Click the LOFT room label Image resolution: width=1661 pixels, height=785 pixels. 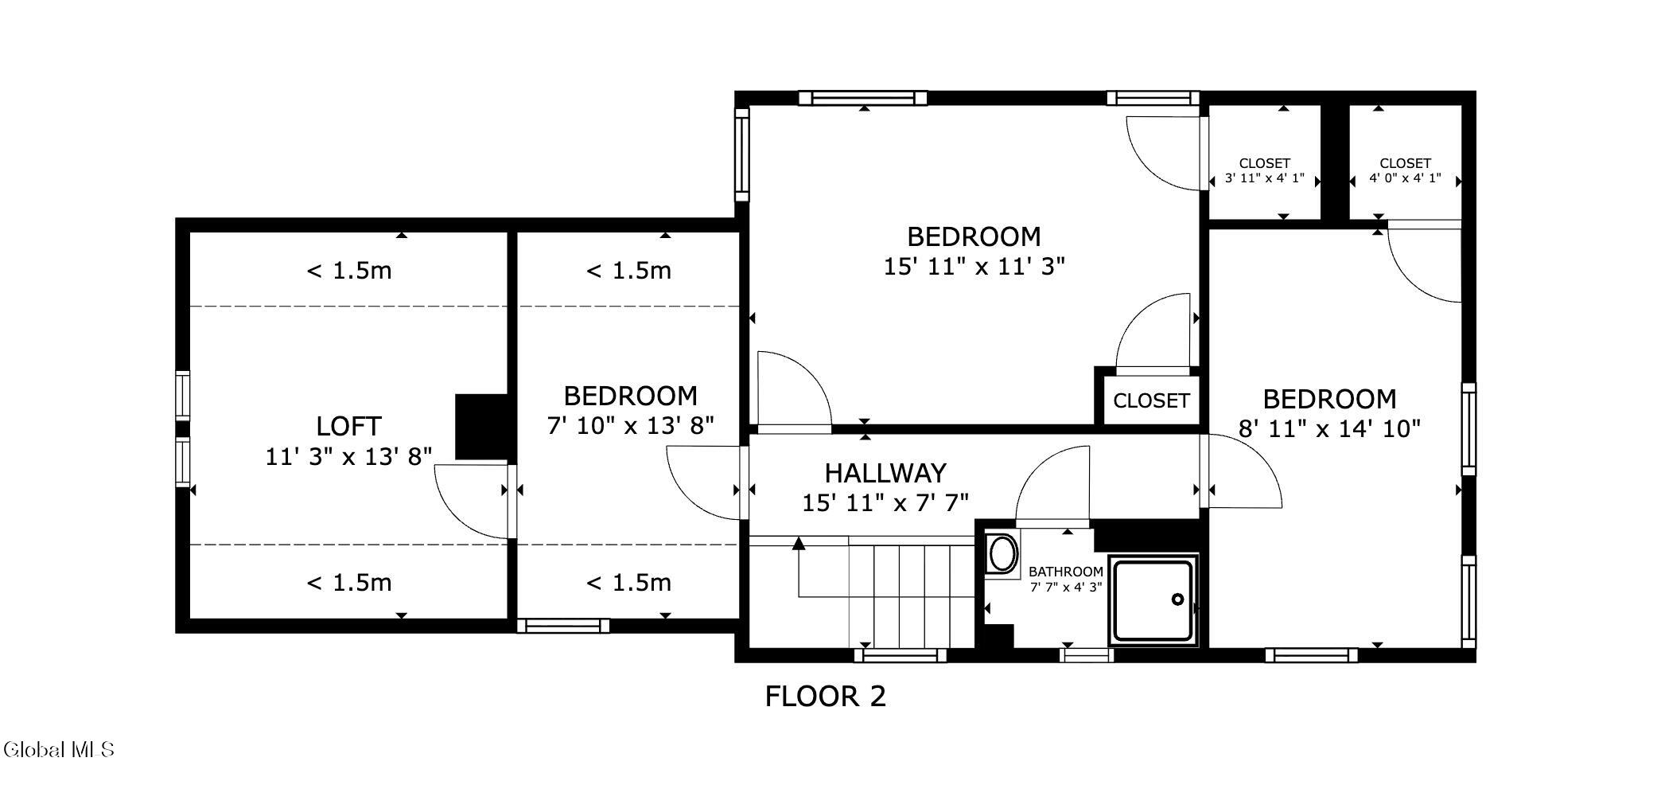point(348,426)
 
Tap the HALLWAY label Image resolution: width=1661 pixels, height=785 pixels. point(885,473)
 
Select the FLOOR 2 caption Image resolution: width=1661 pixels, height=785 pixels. point(825,697)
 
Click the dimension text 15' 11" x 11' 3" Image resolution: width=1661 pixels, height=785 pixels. point(974,266)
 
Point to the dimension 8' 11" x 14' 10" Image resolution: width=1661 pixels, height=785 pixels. point(1329,429)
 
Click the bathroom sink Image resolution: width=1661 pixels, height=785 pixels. point(1002,553)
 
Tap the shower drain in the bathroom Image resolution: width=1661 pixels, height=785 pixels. point(1178,599)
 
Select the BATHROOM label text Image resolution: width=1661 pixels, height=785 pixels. point(1065,572)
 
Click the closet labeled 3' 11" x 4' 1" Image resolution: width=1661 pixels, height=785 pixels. point(1264,163)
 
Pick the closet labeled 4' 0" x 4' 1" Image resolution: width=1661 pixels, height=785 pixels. point(1405,163)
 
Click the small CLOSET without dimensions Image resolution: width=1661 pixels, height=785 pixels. point(1150,400)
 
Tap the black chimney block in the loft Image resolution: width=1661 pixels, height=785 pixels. point(481,427)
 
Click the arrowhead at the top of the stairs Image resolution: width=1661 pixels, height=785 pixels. point(799,543)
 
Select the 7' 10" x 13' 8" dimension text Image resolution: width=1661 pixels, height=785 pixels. point(630,425)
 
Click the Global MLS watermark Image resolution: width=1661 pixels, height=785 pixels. point(59,749)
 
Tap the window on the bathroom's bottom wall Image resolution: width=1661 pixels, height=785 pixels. point(1087,655)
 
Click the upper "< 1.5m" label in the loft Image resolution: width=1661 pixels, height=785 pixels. point(349,271)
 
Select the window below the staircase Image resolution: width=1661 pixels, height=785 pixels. point(901,655)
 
